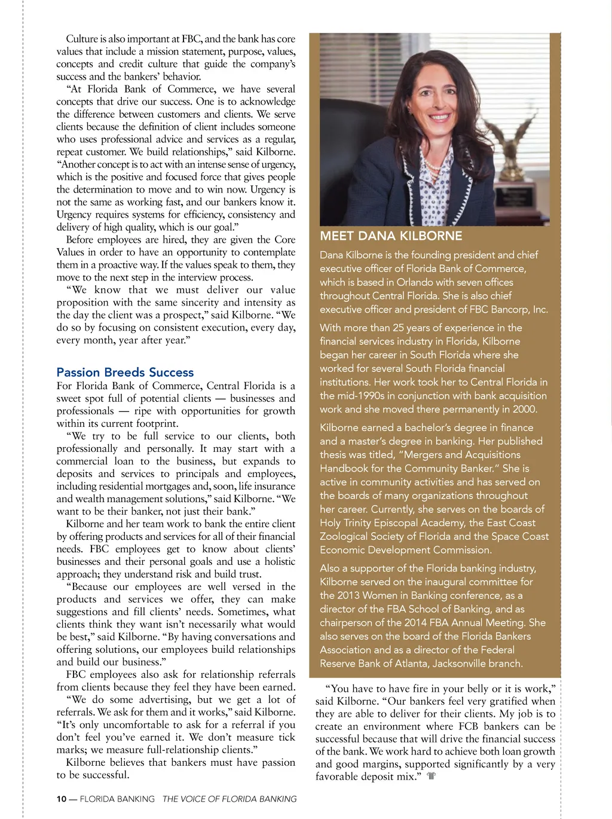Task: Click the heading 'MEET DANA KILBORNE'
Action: pos(391,236)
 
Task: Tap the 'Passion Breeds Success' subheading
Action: pos(125,372)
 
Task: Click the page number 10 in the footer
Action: pos(61,799)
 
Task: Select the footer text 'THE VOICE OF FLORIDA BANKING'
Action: pos(229,799)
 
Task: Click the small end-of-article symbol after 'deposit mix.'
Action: pos(432,777)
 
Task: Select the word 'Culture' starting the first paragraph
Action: pos(81,39)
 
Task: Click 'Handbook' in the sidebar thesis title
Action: pos(342,469)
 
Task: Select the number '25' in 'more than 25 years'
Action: pos(399,328)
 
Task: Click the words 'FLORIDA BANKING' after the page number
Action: pos(117,799)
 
